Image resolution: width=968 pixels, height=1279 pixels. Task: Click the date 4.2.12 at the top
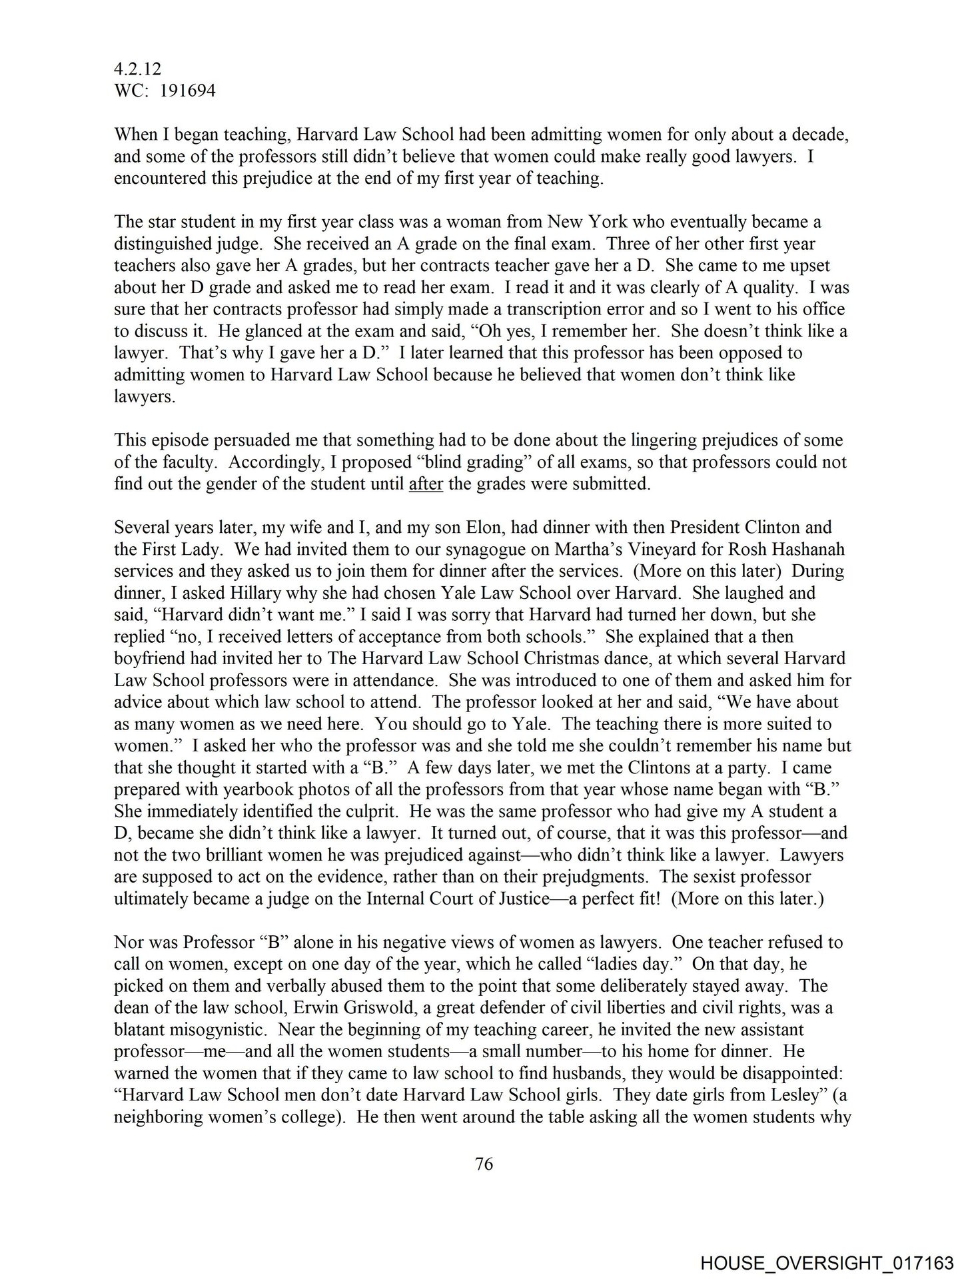coord(138,69)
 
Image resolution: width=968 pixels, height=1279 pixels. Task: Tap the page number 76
coord(484,1164)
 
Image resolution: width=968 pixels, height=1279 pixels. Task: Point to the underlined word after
coord(426,484)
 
